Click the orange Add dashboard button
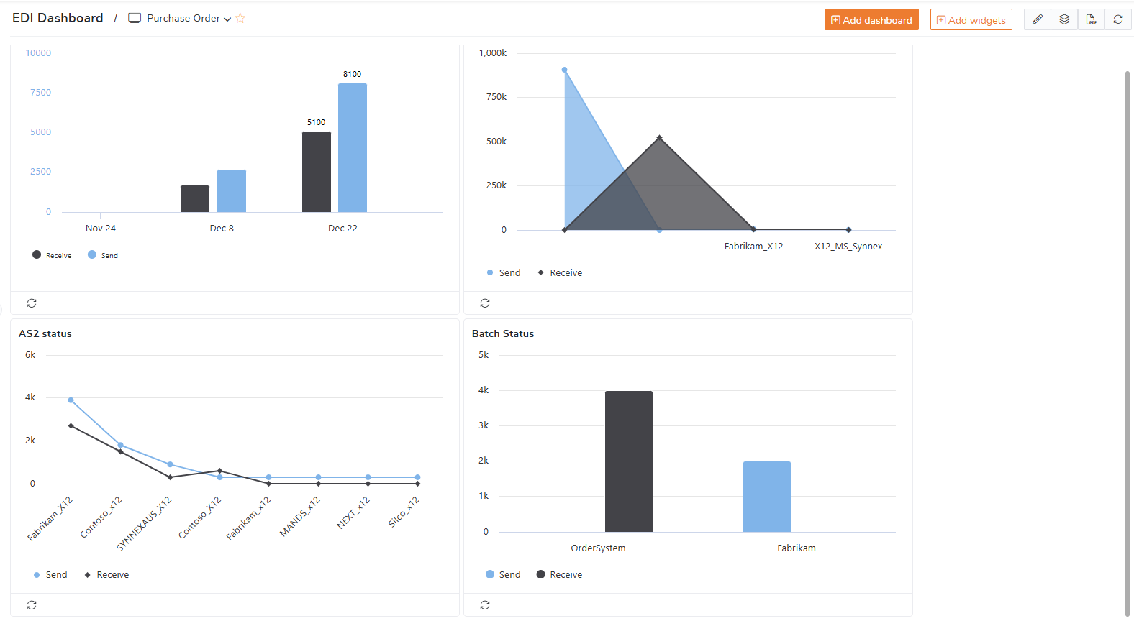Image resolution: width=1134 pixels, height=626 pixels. [871, 20]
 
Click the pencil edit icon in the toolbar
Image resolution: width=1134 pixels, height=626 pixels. [1037, 19]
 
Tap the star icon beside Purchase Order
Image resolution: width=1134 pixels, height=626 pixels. [240, 19]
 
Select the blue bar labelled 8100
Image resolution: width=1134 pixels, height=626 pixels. [353, 147]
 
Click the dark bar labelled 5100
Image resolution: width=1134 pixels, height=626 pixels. [317, 172]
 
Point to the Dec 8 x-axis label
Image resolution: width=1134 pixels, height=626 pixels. [222, 229]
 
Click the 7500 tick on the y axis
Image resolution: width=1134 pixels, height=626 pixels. [40, 93]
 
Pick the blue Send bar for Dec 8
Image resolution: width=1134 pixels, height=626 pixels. [232, 190]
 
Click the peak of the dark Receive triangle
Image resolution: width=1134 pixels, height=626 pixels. [659, 138]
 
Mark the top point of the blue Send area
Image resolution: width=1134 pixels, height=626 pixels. [565, 70]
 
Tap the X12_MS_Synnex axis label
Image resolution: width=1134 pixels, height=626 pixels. [848, 247]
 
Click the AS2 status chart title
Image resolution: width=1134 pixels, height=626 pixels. [45, 333]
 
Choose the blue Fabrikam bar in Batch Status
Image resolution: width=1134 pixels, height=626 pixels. [767, 497]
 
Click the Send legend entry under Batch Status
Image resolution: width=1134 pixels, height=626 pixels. [503, 575]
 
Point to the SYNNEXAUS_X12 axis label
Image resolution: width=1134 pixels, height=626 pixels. [145, 523]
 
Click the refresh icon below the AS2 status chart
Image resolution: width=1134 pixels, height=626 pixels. [32, 605]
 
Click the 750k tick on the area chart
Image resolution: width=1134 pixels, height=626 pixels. [496, 97]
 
